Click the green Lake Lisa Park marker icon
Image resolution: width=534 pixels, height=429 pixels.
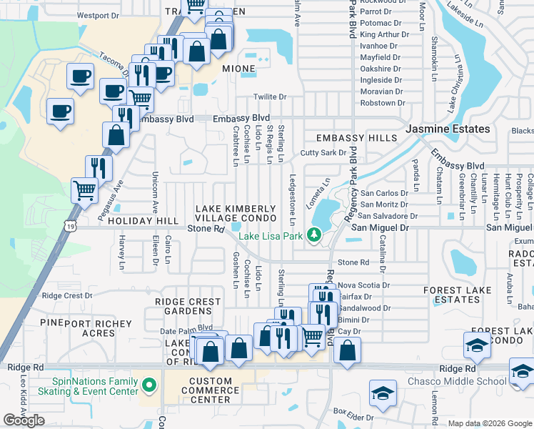tap(313, 235)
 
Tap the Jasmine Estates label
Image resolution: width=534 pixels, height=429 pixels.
tap(448, 129)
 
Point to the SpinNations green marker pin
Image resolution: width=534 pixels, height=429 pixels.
tap(148, 386)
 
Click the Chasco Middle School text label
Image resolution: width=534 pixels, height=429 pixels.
tap(462, 381)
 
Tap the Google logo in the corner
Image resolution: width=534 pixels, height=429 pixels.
tap(24, 420)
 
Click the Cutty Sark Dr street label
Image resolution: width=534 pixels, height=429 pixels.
tap(323, 153)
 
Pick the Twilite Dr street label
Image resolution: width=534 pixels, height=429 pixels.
tap(270, 97)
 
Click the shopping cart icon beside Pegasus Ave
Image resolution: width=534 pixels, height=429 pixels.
tap(84, 190)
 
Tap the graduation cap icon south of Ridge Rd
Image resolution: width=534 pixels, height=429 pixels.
tap(383, 393)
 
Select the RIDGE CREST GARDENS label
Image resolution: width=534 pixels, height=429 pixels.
tap(188, 307)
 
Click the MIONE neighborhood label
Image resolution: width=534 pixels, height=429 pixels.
tap(238, 69)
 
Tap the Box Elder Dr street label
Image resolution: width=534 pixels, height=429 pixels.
tap(353, 413)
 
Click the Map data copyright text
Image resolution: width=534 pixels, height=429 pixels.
tap(490, 423)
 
